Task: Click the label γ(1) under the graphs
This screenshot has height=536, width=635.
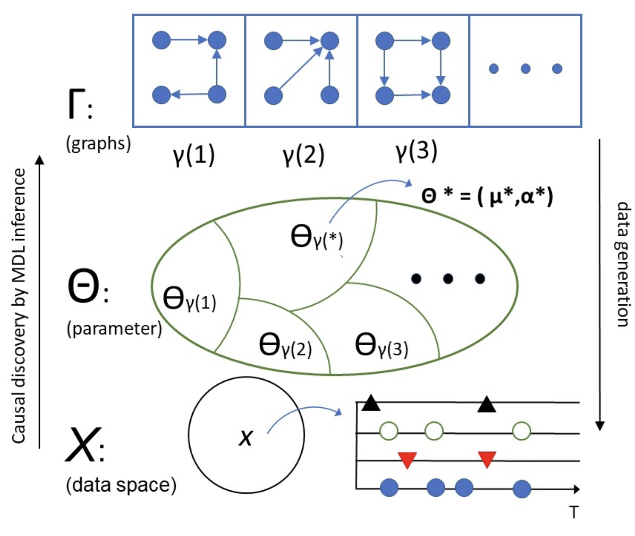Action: [194, 156]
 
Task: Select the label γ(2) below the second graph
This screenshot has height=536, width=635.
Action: [304, 156]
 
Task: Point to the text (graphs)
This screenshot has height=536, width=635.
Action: [98, 144]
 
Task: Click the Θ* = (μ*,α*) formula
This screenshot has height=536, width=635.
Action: [487, 196]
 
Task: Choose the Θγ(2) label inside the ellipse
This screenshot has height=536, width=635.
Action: [285, 346]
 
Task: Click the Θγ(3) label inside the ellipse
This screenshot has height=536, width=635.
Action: [381, 346]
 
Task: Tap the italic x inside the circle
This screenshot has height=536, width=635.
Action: [246, 437]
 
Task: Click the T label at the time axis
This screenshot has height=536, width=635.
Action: [574, 512]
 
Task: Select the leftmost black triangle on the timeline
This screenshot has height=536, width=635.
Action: [370, 403]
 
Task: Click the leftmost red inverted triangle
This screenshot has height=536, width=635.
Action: [407, 460]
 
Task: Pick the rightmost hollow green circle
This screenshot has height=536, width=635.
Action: [521, 432]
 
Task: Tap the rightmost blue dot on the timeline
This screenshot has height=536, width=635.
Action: [522, 488]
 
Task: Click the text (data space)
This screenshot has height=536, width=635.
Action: [121, 485]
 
